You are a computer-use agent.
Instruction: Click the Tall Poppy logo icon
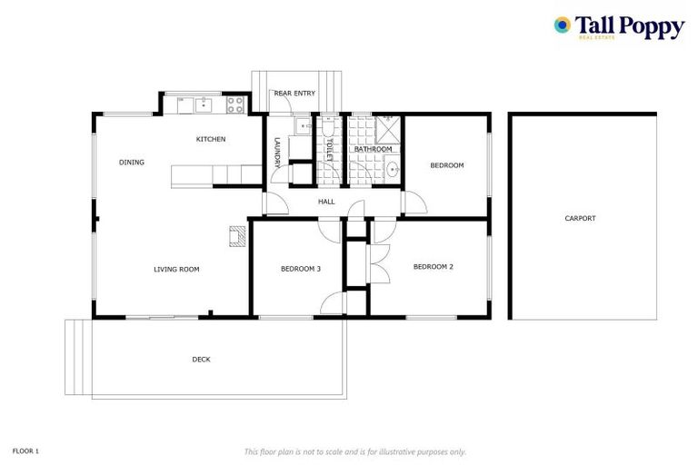click(563, 25)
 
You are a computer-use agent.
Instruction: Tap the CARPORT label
click(580, 218)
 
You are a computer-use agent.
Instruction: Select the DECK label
click(201, 360)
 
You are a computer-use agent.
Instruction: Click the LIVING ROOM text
click(176, 269)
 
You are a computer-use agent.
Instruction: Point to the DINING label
click(132, 163)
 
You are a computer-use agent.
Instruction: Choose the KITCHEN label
click(211, 139)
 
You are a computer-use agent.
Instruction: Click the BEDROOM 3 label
click(301, 269)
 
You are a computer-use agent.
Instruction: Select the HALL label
click(326, 202)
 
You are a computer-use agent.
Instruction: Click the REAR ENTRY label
click(294, 93)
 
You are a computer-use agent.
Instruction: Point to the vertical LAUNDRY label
click(277, 152)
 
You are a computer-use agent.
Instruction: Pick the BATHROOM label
click(373, 149)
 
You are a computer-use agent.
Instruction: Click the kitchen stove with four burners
click(235, 104)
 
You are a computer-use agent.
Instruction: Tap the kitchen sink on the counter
click(203, 104)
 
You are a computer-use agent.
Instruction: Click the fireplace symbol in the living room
click(236, 236)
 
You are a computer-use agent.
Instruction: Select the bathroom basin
click(392, 169)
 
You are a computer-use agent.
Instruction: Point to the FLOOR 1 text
click(25, 450)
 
